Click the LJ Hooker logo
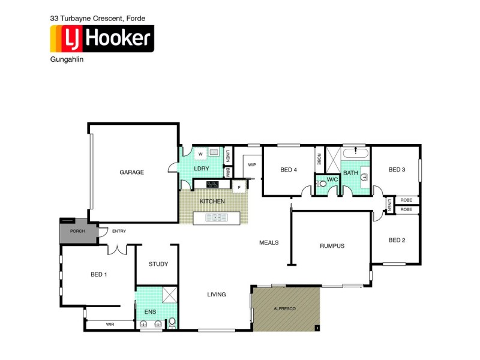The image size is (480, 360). pyautogui.click(x=101, y=39)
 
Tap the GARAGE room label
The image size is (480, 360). pyautogui.click(x=131, y=172)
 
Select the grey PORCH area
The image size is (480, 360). pyautogui.click(x=78, y=231)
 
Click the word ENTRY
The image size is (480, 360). pyautogui.click(x=119, y=231)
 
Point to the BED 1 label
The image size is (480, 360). pyautogui.click(x=98, y=274)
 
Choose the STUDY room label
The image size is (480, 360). pyautogui.click(x=158, y=264)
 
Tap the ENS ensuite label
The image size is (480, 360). pyautogui.click(x=150, y=313)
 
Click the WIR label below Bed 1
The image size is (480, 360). pyautogui.click(x=110, y=325)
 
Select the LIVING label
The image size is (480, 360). pyautogui.click(x=217, y=295)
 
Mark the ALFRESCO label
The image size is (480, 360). pyautogui.click(x=285, y=308)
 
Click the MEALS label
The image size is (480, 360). pyautogui.click(x=269, y=242)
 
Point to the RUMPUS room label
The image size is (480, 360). pyautogui.click(x=332, y=245)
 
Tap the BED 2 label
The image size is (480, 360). pyautogui.click(x=397, y=240)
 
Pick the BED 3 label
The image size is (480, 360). pyautogui.click(x=397, y=170)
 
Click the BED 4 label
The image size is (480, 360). pyautogui.click(x=289, y=170)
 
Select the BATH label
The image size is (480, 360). pyautogui.click(x=350, y=173)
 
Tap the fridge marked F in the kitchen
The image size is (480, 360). pyautogui.click(x=239, y=188)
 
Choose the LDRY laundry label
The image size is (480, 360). pyautogui.click(x=202, y=169)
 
